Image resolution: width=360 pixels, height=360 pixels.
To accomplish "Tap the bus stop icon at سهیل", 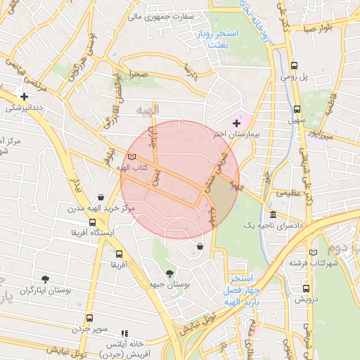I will tap(297, 109).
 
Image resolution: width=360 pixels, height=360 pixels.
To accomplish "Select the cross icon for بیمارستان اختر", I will tap(236, 123).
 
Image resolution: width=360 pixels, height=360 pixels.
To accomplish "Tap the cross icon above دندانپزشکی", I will tap(25, 96).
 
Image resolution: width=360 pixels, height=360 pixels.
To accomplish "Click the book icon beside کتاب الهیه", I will tap(131, 157).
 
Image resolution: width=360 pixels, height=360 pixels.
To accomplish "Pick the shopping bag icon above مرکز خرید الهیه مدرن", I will tap(102, 198).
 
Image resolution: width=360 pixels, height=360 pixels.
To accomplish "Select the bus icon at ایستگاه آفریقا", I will tap(83, 221).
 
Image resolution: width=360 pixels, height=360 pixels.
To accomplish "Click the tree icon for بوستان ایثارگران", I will tap(46, 279).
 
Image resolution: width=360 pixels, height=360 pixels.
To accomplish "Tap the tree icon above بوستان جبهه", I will tap(169, 274).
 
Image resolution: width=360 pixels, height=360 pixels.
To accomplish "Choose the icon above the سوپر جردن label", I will tap(89, 318).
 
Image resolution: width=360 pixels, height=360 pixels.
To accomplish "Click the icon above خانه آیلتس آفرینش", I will tap(124, 333).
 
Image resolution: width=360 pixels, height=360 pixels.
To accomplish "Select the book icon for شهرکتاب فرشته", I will tap(313, 252).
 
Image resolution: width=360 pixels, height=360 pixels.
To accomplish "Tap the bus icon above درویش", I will tap(305, 288).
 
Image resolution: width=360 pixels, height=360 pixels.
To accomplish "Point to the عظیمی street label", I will tap(288, 192).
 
